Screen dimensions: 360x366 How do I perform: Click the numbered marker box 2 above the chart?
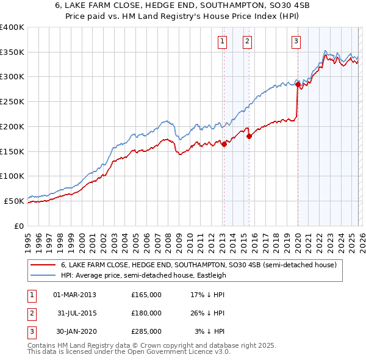point(247,41)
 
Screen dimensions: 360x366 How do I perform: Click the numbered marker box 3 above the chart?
point(296,41)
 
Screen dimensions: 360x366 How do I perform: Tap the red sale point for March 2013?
point(224,144)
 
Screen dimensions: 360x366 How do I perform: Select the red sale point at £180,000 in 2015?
point(249,136)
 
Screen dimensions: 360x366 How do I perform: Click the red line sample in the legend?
point(43,265)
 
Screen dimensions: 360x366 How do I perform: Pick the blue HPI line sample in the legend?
point(43,275)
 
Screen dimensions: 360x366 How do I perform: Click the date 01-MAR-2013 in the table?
point(75,295)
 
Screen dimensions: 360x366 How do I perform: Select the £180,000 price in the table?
point(146,313)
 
